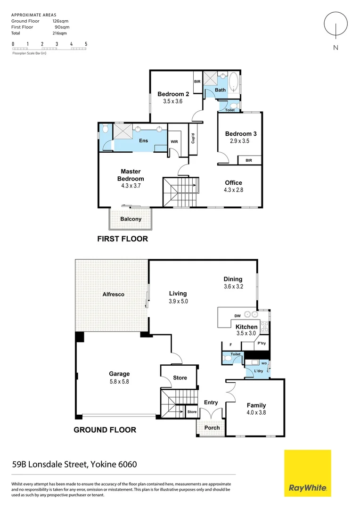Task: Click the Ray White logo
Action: click(308, 473)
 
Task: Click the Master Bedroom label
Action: click(131, 175)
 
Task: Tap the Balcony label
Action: click(131, 219)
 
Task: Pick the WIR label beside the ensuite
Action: click(174, 141)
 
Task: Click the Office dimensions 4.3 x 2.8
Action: click(233, 190)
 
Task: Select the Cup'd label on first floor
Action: click(193, 139)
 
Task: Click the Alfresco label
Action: click(114, 294)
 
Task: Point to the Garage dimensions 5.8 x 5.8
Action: click(119, 382)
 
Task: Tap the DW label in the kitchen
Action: click(237, 316)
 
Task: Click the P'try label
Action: click(262, 343)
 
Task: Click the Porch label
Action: click(212, 428)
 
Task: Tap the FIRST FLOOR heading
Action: click(123, 239)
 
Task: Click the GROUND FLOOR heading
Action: click(105, 430)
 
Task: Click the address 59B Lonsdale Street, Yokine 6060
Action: click(74, 464)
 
